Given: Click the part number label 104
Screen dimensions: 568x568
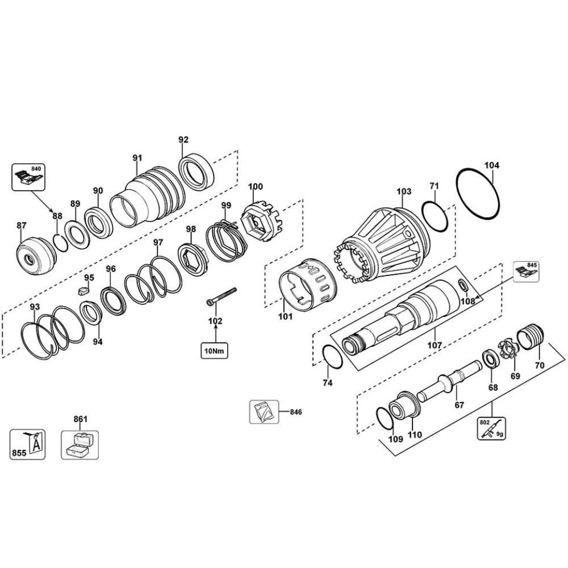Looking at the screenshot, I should click(492, 165).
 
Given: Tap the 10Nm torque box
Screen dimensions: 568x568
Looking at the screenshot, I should click(214, 351).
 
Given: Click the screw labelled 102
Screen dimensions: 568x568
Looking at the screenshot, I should click(221, 296).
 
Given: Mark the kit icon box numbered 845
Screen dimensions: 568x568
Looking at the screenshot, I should click(527, 272).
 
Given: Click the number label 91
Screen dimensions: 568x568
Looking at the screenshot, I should click(137, 157).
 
